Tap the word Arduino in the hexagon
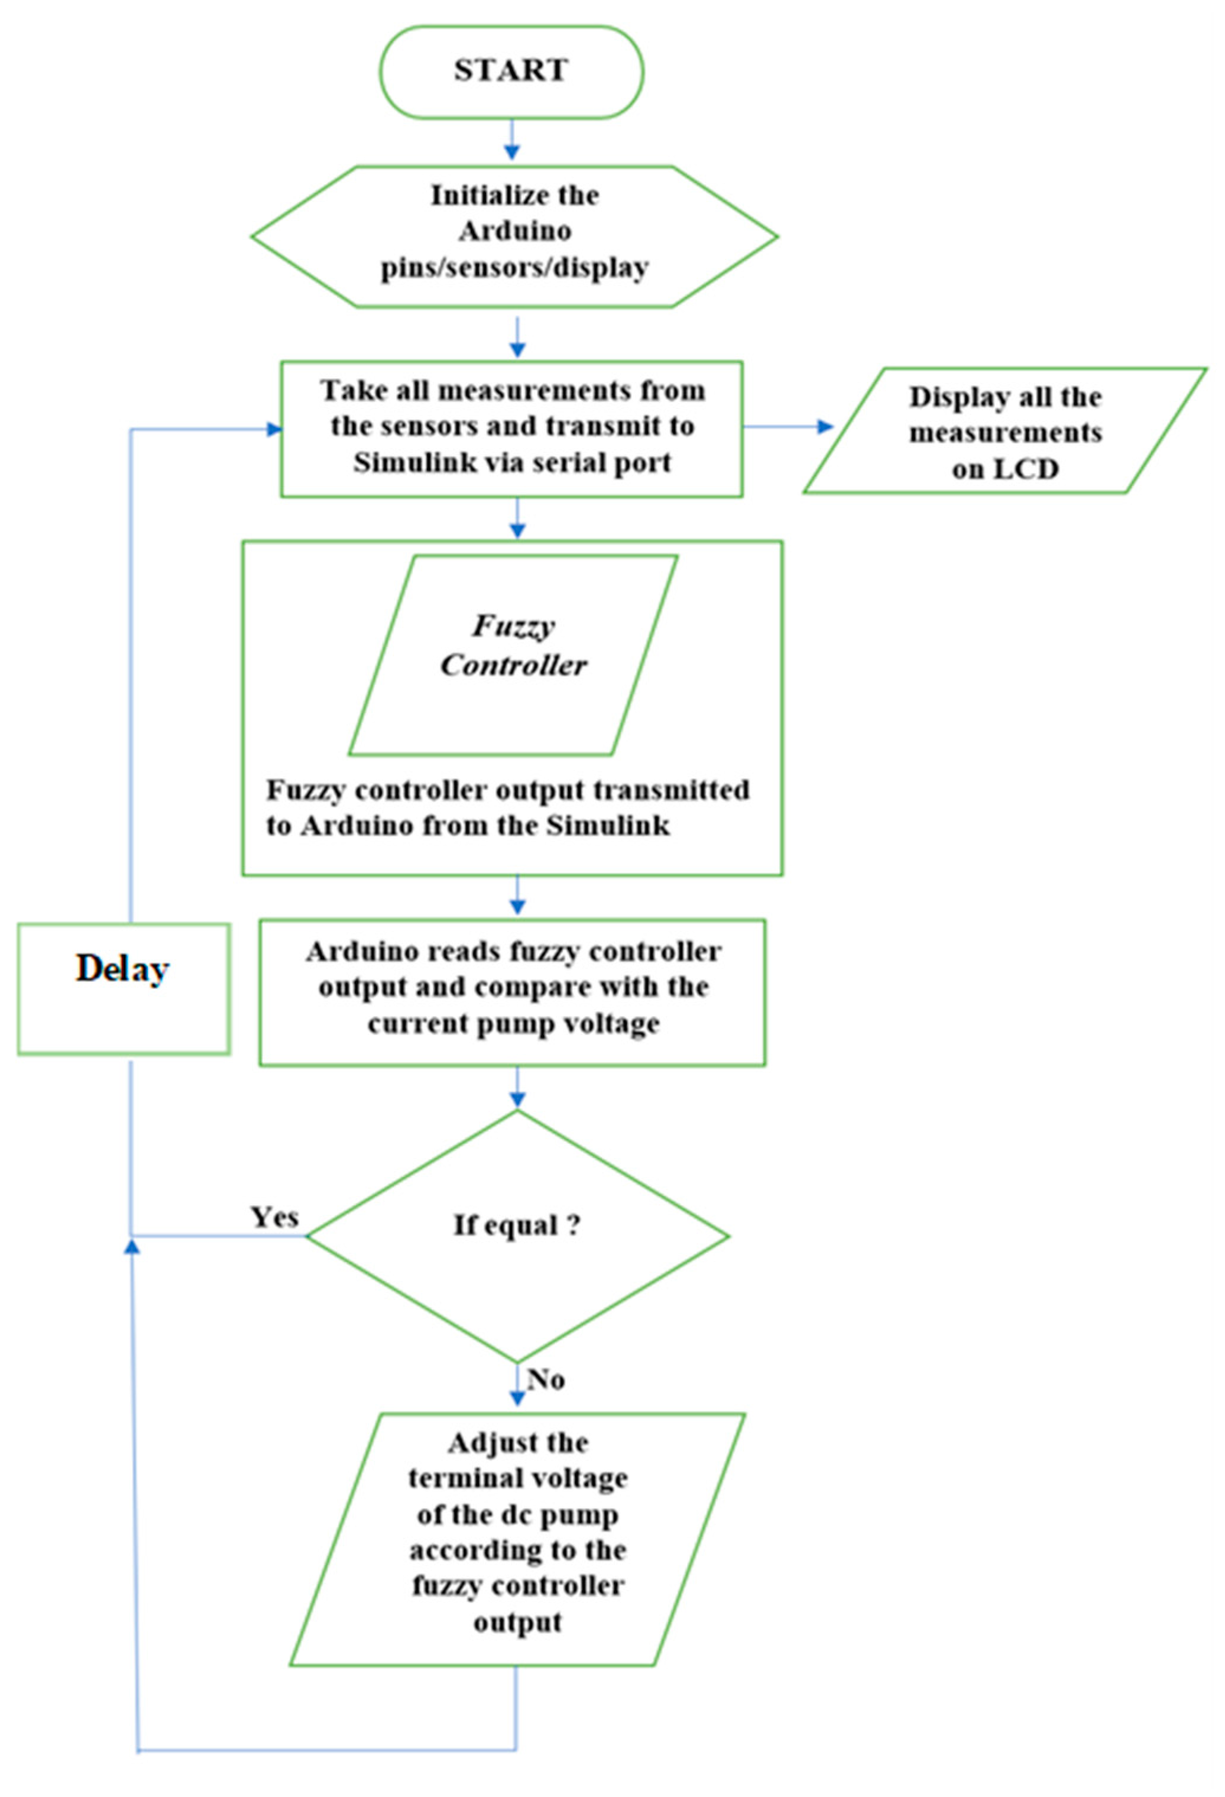tap(515, 231)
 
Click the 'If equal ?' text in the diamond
tap(517, 1225)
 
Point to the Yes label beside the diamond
tap(274, 1217)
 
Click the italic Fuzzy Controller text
tap(514, 646)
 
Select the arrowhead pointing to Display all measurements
tap(826, 427)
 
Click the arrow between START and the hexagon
tap(511, 142)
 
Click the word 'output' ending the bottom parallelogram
tap(517, 1621)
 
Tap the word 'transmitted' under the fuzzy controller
tap(670, 790)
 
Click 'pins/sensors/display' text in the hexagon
tap(515, 268)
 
